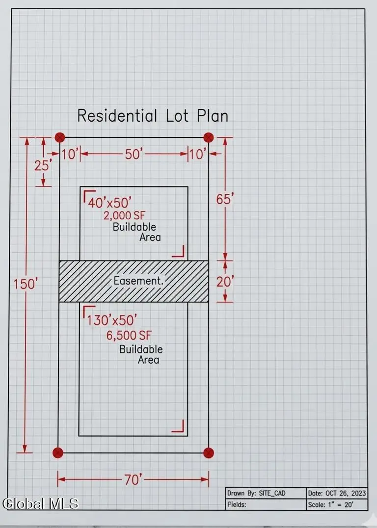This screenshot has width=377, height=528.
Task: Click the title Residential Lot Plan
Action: coord(153,115)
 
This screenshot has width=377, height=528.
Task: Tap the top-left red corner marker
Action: coord(59,137)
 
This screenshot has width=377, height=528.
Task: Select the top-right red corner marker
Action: coord(209,137)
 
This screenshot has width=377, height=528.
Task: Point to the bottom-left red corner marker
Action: coord(58,453)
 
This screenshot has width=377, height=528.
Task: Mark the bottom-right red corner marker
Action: coord(209,453)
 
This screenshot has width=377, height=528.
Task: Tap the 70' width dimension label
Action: coord(134,479)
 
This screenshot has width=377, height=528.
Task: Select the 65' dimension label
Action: coord(225,199)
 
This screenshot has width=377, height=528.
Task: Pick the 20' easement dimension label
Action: coord(225,282)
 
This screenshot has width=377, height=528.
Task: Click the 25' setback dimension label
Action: coord(43,165)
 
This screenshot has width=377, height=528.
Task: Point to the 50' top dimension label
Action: coord(134,154)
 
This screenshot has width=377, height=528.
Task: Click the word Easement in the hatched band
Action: coord(138,281)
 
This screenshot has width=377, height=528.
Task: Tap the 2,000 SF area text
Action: coord(124,215)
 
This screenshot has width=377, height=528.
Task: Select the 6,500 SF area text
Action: coord(129,335)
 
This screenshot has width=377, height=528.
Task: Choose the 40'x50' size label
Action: coord(109,203)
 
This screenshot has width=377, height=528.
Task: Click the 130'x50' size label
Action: coord(112,320)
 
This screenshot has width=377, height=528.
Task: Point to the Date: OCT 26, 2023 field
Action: coord(337,493)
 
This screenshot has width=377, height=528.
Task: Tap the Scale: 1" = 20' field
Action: coord(330,504)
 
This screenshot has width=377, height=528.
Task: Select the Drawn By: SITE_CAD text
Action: coord(256,493)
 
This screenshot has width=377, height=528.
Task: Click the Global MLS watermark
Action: coord(40,503)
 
